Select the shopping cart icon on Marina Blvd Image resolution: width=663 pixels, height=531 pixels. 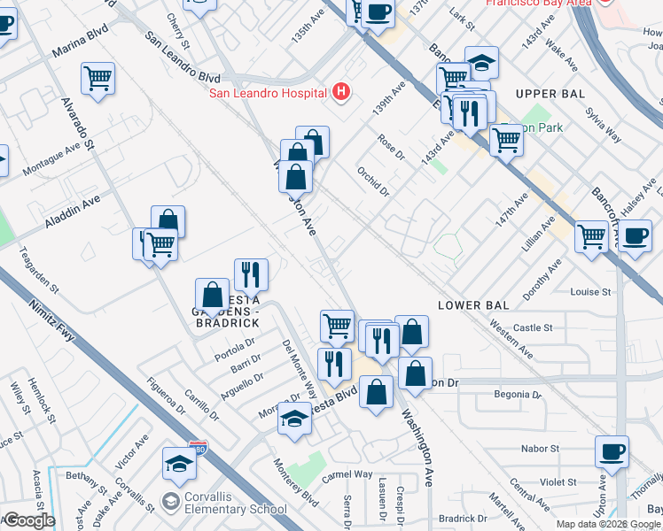[98, 78]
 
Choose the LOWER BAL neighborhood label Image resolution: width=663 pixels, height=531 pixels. [473, 305]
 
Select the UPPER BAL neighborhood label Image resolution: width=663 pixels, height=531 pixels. [549, 94]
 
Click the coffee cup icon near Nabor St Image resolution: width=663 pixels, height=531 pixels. [612, 452]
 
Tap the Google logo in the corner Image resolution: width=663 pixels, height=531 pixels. [28, 519]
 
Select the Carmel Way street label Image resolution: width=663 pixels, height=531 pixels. [347, 475]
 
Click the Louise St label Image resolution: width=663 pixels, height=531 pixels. [591, 292]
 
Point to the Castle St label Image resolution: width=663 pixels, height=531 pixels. [533, 327]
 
